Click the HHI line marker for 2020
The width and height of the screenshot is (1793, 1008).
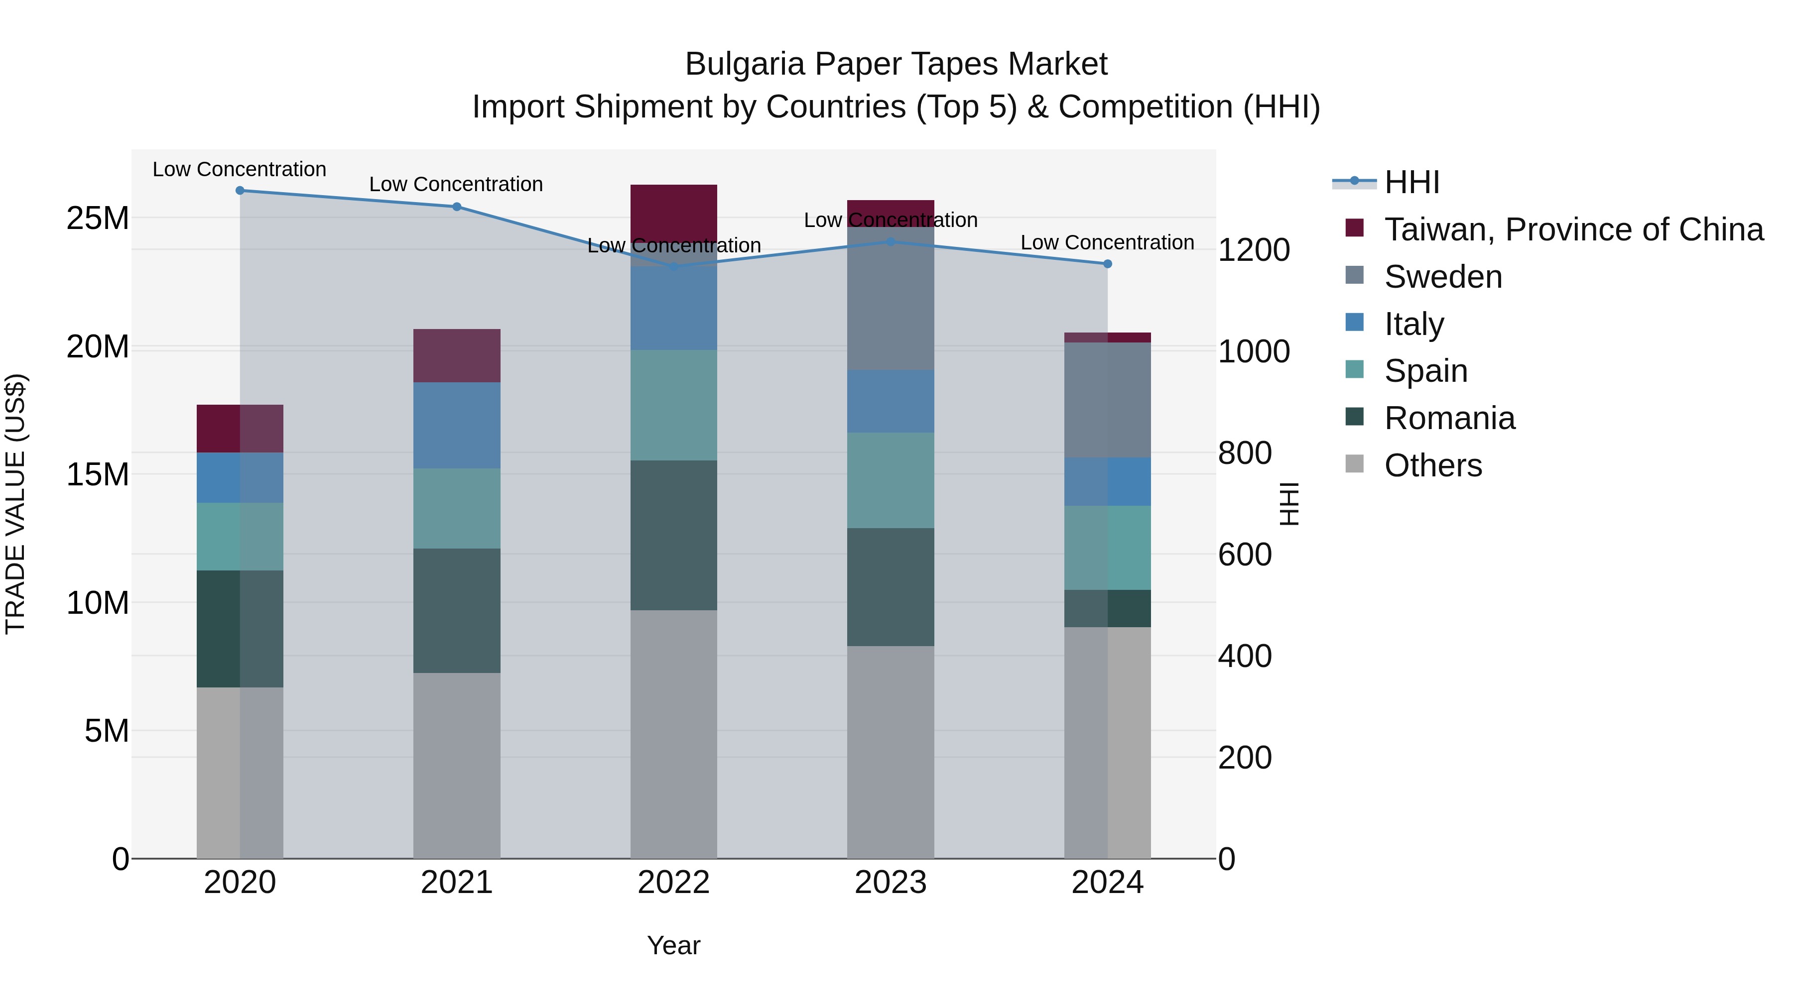tap(240, 191)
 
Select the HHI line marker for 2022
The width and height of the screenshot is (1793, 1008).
tap(673, 266)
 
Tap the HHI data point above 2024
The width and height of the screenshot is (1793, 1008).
tap(1107, 264)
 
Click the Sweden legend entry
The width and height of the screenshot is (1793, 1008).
tap(1442, 277)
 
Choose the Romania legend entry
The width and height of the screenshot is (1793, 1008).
tap(1449, 418)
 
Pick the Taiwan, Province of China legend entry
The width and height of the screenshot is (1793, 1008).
tap(1573, 229)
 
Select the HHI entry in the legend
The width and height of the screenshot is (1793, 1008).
tap(1411, 182)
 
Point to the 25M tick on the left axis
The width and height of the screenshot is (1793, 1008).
tap(98, 219)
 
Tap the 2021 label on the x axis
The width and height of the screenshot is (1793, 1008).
tap(457, 883)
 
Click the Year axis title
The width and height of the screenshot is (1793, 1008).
tap(673, 945)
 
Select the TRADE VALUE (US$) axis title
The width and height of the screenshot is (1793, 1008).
tap(16, 504)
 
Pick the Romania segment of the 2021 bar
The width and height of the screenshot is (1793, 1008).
tap(457, 610)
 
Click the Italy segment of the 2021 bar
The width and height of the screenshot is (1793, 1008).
tap(457, 425)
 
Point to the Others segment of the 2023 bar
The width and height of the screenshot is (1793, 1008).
tap(890, 751)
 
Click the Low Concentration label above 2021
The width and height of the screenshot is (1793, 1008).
tap(456, 184)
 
